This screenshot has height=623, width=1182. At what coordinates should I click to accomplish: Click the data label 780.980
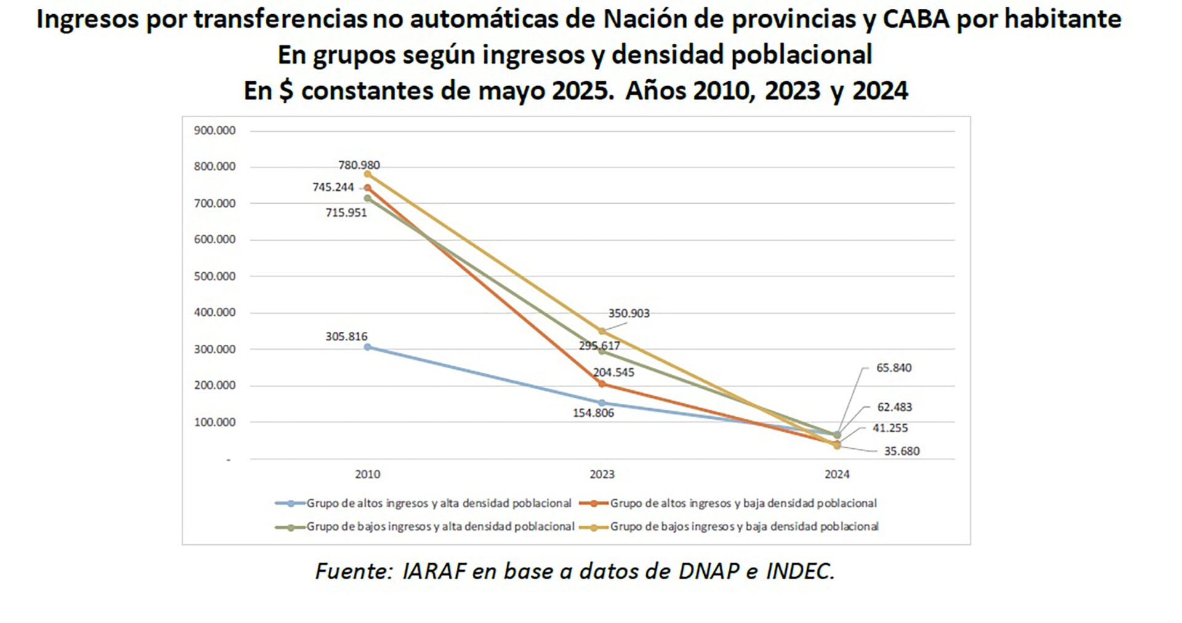(359, 165)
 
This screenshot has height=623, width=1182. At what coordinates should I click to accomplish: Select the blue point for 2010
(368, 347)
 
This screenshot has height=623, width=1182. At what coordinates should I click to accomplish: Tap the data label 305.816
(346, 337)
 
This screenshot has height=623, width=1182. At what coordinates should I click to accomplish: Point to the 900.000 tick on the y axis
(214, 131)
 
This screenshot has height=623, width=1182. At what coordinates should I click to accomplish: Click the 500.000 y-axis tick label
(214, 276)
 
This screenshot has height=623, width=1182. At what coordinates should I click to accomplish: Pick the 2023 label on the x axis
(601, 474)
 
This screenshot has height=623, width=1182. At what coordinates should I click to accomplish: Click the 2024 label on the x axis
(837, 474)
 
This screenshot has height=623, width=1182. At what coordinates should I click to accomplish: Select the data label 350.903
(629, 313)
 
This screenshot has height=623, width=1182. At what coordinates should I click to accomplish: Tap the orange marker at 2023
(602, 384)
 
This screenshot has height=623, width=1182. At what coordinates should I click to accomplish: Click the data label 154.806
(593, 413)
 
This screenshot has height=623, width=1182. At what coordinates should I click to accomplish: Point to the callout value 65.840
(894, 368)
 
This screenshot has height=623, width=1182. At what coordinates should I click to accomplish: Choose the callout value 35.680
(901, 451)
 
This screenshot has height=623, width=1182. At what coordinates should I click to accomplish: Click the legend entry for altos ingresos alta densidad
(438, 504)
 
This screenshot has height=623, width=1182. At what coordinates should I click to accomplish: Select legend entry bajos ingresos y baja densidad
(744, 527)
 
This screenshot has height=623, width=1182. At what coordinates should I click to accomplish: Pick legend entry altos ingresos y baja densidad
(742, 504)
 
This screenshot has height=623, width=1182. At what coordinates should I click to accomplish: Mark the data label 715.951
(346, 213)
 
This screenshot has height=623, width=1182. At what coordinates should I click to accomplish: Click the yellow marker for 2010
(368, 174)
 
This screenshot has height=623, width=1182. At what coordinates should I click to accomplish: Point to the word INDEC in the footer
(800, 571)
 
